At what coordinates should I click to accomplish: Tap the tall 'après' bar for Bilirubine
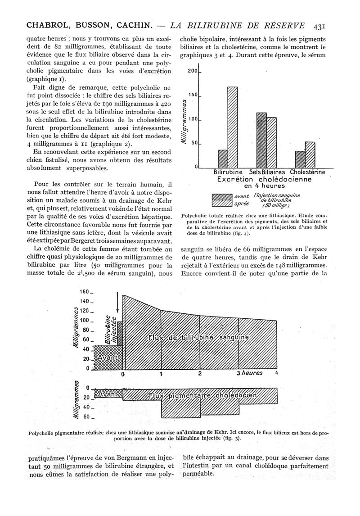[x=232, y=127]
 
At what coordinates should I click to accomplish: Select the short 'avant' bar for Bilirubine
[x=223, y=158]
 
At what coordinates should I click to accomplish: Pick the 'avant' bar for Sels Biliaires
[x=261, y=140]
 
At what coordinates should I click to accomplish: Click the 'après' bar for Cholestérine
[x=310, y=154]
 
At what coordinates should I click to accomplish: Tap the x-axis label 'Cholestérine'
[x=308, y=172]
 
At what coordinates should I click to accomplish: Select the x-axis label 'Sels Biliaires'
[x=267, y=172]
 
